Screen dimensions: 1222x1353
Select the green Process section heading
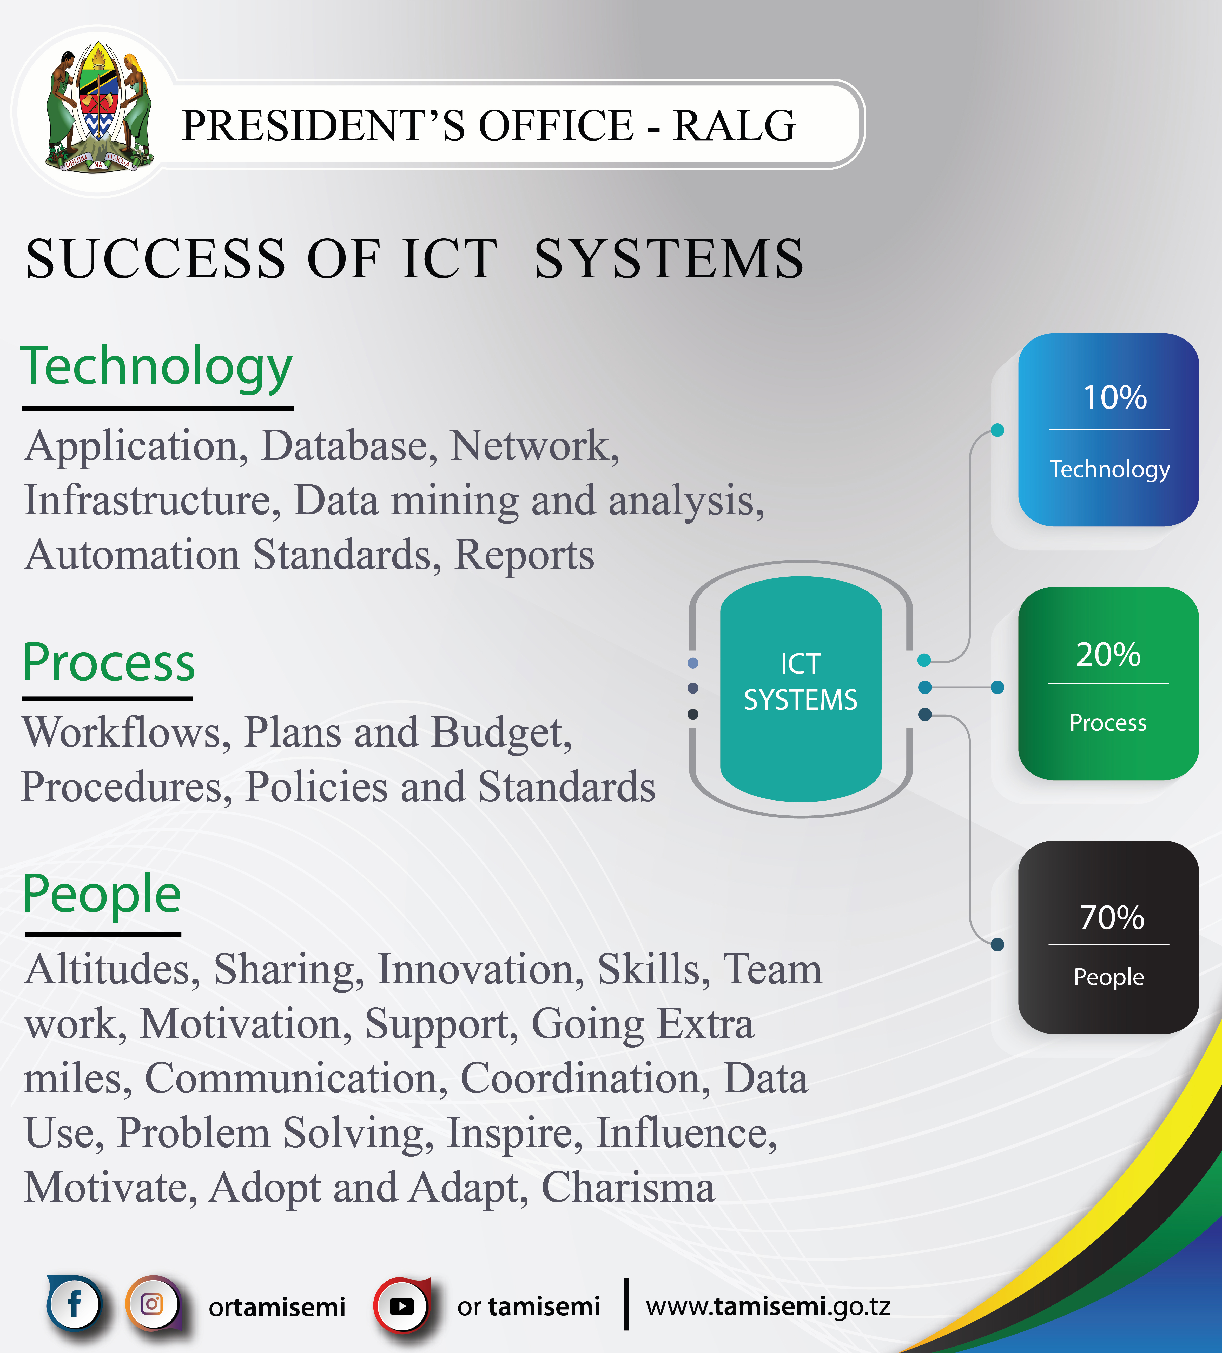click(109, 662)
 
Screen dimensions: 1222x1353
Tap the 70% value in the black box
click(1112, 917)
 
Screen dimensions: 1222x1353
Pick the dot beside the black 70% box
click(998, 945)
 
